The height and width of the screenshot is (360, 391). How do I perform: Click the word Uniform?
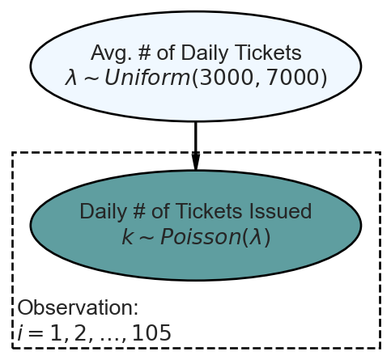147,78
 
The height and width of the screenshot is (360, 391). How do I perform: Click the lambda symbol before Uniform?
71,78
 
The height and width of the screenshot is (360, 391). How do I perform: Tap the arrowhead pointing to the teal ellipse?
196,161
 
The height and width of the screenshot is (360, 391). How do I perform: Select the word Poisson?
201,237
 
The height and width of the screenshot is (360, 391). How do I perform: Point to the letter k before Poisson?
127,237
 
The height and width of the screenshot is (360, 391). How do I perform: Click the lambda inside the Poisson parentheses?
255,237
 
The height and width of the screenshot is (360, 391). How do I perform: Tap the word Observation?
78,307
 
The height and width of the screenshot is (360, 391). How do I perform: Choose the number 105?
152,332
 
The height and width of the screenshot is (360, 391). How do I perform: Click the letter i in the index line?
19,332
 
